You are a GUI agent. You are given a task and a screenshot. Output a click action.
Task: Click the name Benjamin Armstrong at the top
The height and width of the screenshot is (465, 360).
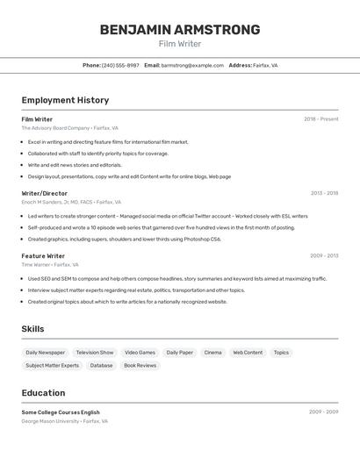[180, 30]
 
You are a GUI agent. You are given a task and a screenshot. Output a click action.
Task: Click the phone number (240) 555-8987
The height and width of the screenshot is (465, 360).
[120, 65]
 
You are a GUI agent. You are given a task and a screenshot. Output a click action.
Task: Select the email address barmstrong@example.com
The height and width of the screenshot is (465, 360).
[192, 65]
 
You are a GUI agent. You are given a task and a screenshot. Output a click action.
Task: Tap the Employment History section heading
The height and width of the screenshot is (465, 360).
[65, 100]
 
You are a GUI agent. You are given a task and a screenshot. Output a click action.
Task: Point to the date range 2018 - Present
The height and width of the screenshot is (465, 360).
[320, 119]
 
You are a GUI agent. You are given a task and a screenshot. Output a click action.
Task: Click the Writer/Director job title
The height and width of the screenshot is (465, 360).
[44, 193]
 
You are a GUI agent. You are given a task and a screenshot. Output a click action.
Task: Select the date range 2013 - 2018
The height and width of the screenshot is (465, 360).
[324, 193]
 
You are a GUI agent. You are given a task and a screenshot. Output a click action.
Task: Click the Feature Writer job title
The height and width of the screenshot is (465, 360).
[43, 256]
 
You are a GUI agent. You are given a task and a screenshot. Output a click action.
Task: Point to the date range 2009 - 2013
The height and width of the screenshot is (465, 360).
[324, 256]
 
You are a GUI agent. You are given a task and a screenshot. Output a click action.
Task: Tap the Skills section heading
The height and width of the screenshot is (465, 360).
[32, 329]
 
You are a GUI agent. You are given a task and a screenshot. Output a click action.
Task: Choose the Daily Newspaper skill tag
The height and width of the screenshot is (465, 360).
[45, 353]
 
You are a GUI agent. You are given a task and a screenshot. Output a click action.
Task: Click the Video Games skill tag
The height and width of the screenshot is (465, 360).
[140, 353]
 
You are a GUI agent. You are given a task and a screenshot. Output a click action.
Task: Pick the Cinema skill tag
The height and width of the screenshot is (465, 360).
[212, 353]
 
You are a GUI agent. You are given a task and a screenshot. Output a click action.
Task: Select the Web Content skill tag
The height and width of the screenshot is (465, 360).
[248, 353]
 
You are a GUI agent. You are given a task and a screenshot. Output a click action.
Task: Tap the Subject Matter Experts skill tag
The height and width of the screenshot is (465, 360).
[52, 365]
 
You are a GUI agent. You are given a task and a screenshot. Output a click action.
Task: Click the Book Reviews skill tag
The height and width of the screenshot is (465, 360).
[140, 365]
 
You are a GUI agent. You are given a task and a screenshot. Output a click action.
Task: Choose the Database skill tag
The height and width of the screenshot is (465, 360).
[101, 365]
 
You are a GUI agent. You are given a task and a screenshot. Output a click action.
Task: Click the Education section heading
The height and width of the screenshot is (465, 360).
[43, 393]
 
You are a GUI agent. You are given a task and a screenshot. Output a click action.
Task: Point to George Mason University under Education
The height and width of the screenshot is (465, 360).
[51, 421]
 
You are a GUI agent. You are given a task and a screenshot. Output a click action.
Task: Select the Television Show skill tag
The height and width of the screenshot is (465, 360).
[95, 353]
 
